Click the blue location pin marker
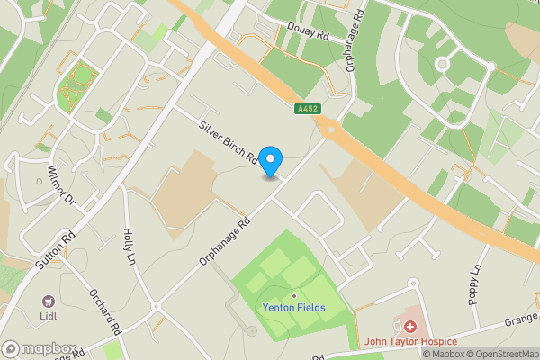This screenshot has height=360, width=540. click(x=271, y=161)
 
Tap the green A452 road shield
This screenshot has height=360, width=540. click(x=307, y=110)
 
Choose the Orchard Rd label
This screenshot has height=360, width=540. click(x=105, y=311)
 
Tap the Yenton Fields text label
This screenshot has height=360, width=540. click(x=293, y=308)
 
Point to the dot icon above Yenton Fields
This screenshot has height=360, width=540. click(x=293, y=294)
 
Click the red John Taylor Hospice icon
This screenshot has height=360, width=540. click(x=410, y=327)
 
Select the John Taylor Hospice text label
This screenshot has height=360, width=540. click(x=410, y=342)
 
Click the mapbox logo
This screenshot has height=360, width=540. click(x=38, y=349)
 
